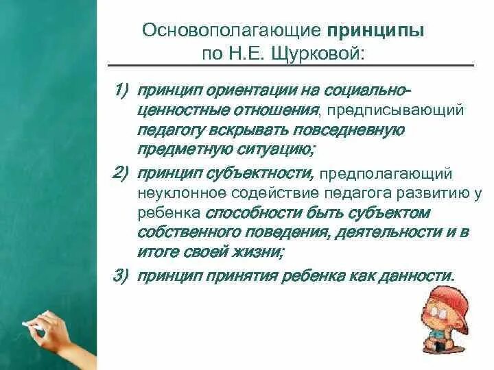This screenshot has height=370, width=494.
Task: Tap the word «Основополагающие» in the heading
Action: [231, 32]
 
